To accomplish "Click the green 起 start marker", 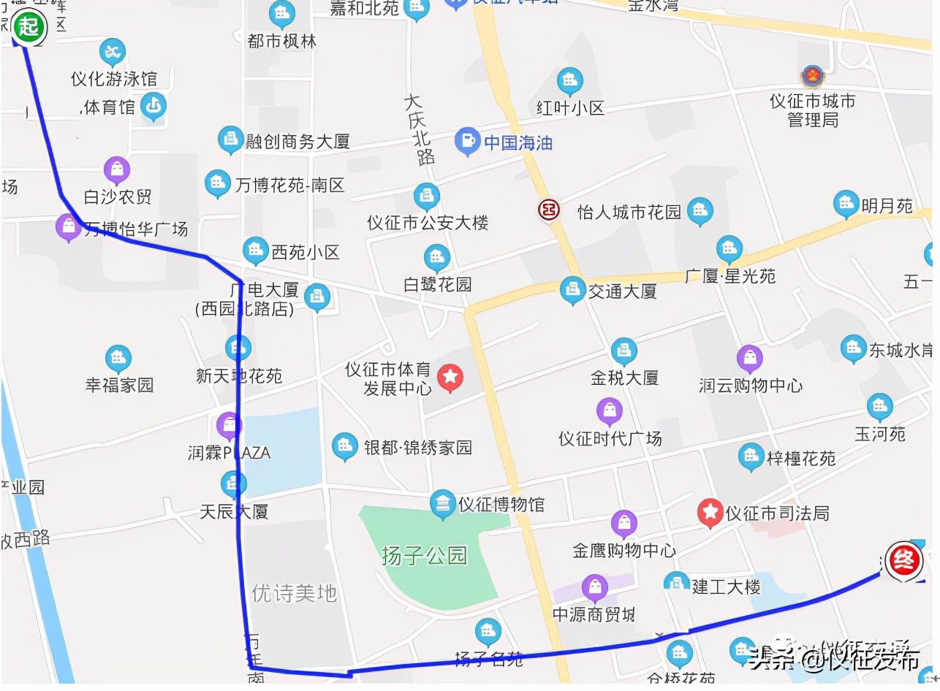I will pyautogui.click(x=29, y=28).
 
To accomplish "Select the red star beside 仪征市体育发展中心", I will pyautogui.click(x=450, y=378).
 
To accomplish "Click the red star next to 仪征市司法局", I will pyautogui.click(x=710, y=513).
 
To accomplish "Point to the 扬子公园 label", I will pyautogui.click(x=424, y=556).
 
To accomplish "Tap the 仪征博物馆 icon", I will pyautogui.click(x=441, y=503).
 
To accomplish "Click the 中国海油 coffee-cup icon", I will pyautogui.click(x=467, y=141).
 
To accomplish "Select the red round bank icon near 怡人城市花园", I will pyautogui.click(x=549, y=210).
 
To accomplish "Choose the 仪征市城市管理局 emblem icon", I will pyautogui.click(x=811, y=76).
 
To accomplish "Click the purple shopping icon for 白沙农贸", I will pyautogui.click(x=117, y=170).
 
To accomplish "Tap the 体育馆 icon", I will pyautogui.click(x=153, y=107).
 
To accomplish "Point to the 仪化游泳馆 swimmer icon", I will pyautogui.click(x=113, y=52).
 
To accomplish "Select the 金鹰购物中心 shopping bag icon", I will pyautogui.click(x=623, y=523).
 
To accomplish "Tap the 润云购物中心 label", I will pyautogui.click(x=751, y=385).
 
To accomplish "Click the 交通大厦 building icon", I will pyautogui.click(x=572, y=290).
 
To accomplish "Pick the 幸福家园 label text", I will pyautogui.click(x=119, y=385).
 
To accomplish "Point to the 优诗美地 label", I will pyautogui.click(x=294, y=593).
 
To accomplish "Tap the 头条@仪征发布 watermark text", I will pyautogui.click(x=834, y=659).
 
